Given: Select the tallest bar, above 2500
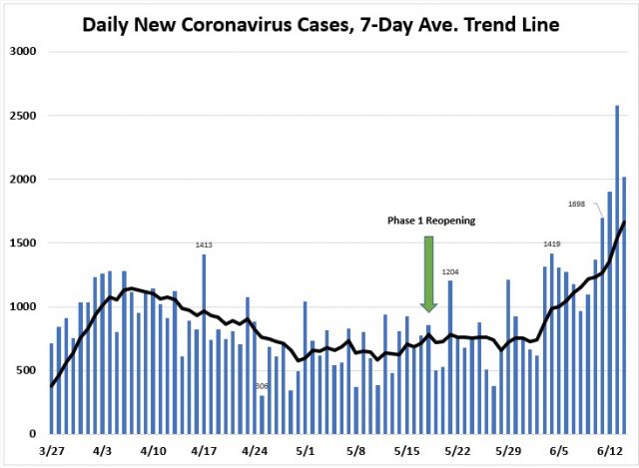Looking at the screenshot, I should (x=617, y=269).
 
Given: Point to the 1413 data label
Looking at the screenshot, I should (x=204, y=244).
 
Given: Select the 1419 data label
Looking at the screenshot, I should (x=552, y=243).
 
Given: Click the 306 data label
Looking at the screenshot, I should (x=262, y=386).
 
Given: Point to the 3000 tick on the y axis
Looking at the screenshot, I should (x=23, y=51).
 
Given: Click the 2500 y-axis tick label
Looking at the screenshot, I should (x=23, y=116).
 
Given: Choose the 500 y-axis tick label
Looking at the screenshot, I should (x=27, y=370).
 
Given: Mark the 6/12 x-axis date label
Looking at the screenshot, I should (x=610, y=450).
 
